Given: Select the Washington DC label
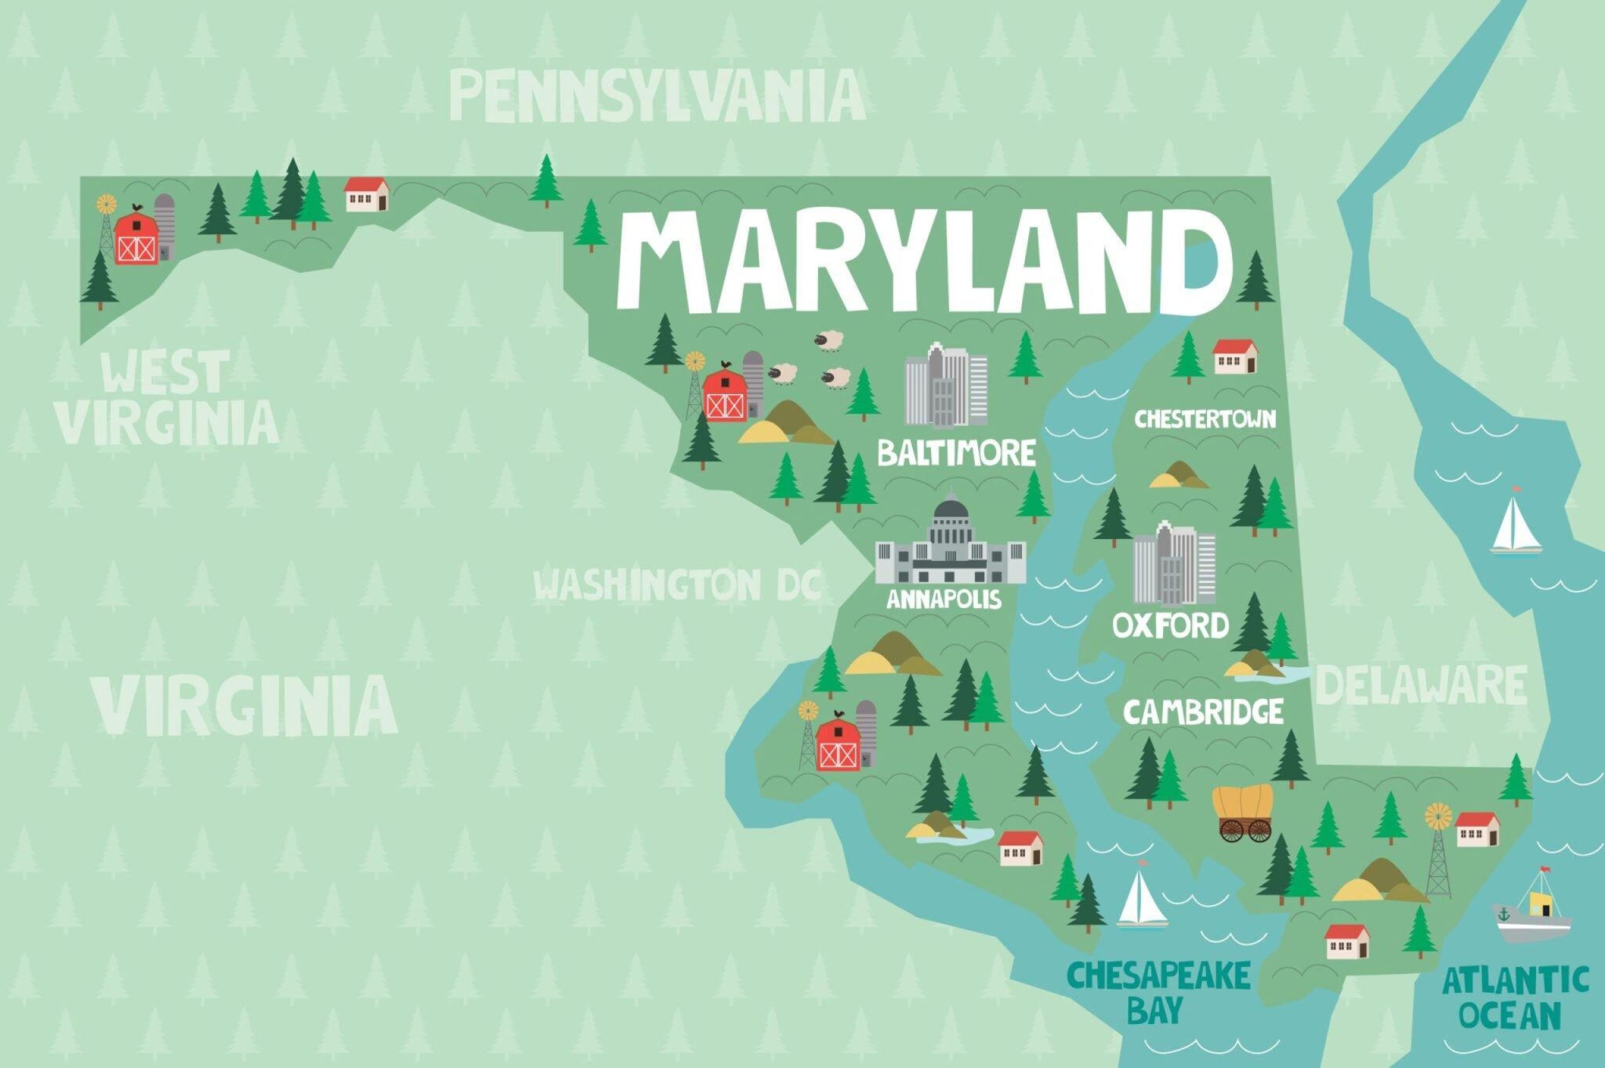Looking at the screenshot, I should point(677,585).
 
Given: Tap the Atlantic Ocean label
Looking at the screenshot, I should point(1516,997).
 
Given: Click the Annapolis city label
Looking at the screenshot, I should point(944,599).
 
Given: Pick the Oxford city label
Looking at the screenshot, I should point(1171,625).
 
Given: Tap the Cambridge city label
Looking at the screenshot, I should point(1203,711).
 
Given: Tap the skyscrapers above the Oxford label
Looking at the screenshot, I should point(1174,564).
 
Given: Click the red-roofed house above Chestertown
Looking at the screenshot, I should point(1235,356).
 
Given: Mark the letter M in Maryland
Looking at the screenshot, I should point(669,255).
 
